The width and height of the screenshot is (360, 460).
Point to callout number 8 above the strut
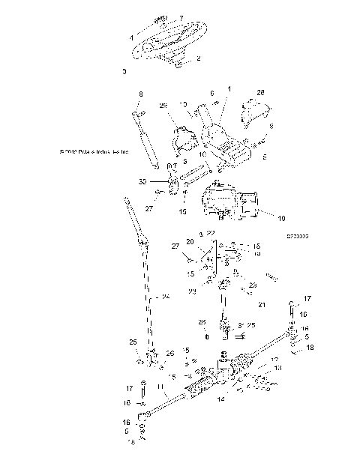pyautogui.click(x=140, y=94)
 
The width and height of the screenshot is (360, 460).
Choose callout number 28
pyautogui.click(x=262, y=92)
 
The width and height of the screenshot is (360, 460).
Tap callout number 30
pyautogui.click(x=142, y=181)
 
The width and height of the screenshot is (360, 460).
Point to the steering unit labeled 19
pyautogui.click(x=229, y=207)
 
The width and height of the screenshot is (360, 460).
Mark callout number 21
pyautogui.click(x=261, y=305)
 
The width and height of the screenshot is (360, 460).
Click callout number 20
pyautogui.click(x=190, y=242)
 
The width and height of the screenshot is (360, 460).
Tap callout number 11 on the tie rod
pyautogui.click(x=161, y=387)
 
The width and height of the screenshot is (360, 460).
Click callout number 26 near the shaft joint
pyautogui.click(x=169, y=353)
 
